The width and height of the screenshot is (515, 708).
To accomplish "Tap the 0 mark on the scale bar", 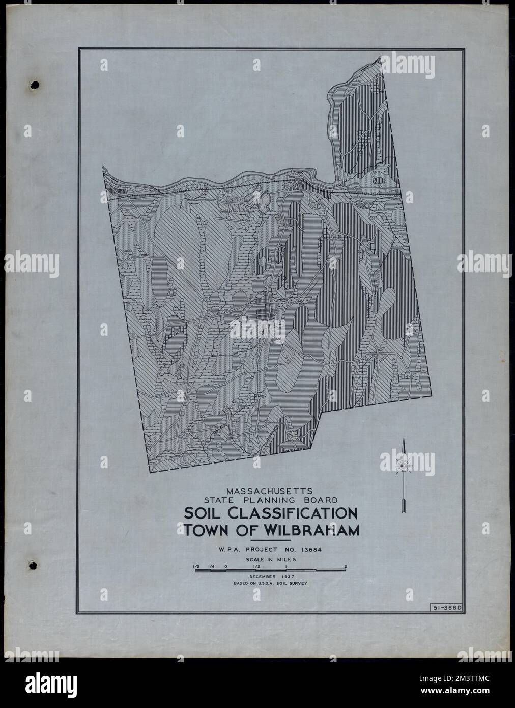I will click(x=225, y=566).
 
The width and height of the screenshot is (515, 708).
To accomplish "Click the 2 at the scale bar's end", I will click(x=345, y=566).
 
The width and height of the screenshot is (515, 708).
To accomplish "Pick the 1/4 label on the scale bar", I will click(x=211, y=566).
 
